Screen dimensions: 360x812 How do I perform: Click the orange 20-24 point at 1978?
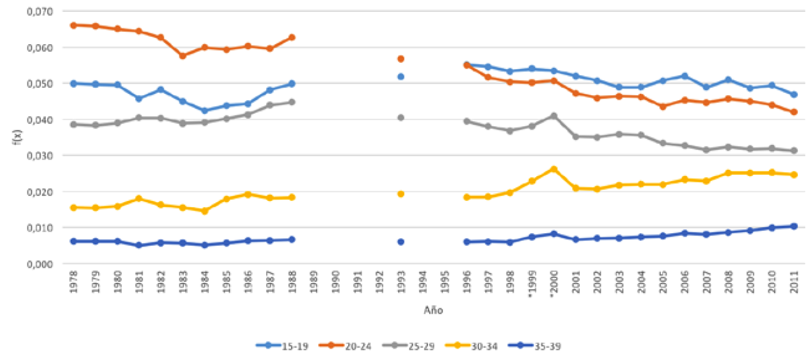pyautogui.click(x=74, y=25)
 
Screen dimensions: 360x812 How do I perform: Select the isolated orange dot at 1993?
pyautogui.click(x=401, y=59)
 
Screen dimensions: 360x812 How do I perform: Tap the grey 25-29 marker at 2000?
pyautogui.click(x=554, y=116)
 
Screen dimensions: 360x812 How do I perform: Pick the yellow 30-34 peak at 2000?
pyautogui.click(x=554, y=169)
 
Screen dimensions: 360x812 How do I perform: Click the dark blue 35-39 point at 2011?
pyautogui.click(x=794, y=226)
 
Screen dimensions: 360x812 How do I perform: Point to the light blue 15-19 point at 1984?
pyautogui.click(x=204, y=111)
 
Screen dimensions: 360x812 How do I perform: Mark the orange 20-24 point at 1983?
pyautogui.click(x=183, y=56)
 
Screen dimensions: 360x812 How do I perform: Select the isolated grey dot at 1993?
pyautogui.click(x=401, y=118)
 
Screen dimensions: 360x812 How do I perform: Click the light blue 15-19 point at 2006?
pyautogui.click(x=685, y=76)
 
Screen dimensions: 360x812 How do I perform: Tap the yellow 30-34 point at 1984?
pyautogui.click(x=204, y=211)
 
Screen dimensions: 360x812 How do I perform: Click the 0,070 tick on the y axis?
pyautogui.click(x=40, y=11)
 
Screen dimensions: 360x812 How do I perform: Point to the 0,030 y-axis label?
pyautogui.click(x=40, y=156)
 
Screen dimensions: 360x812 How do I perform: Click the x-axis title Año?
pyautogui.click(x=433, y=310)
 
